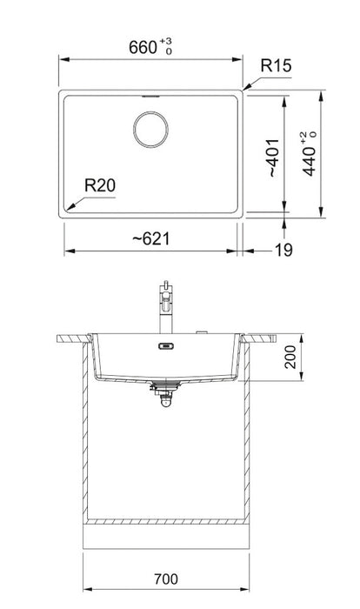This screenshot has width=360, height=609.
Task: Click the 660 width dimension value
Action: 143,47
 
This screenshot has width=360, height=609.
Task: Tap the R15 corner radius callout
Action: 276,65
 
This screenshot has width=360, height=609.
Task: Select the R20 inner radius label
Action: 100,185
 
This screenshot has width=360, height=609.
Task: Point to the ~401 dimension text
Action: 274,157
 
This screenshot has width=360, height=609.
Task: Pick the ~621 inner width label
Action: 150,239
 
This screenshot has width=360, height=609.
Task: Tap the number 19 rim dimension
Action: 283,251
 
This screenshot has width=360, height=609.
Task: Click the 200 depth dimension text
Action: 290,358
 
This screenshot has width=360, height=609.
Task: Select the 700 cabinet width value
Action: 166,579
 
